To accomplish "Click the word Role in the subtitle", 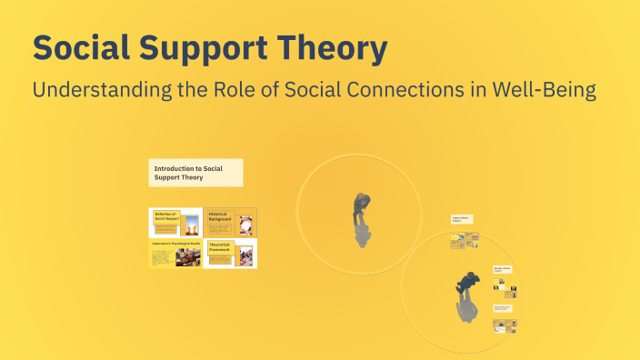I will pyautogui.click(x=253, y=90).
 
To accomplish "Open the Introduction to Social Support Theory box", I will pyautogui.click(x=195, y=173).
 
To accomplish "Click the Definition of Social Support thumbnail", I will pyautogui.click(x=175, y=222).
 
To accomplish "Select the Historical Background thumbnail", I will pyautogui.click(x=230, y=222).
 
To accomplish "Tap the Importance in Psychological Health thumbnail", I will pyautogui.click(x=175, y=254).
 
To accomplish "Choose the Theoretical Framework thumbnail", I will pyautogui.click(x=230, y=254).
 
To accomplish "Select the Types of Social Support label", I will pyautogui.click(x=462, y=219).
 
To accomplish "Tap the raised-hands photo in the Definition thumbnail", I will pyautogui.click(x=191, y=224).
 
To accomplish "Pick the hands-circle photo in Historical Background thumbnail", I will pyautogui.click(x=245, y=221).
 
